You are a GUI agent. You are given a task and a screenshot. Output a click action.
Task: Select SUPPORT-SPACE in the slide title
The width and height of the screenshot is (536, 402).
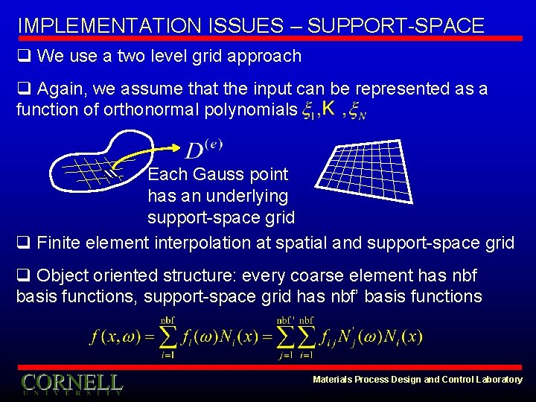(x=395, y=25)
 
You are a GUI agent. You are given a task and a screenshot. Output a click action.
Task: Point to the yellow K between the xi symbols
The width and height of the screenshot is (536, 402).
(x=328, y=109)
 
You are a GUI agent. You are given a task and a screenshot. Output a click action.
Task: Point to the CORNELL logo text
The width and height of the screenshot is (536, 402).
(x=71, y=382)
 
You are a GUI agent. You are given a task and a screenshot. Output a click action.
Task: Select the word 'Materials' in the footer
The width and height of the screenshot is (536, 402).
(x=334, y=380)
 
